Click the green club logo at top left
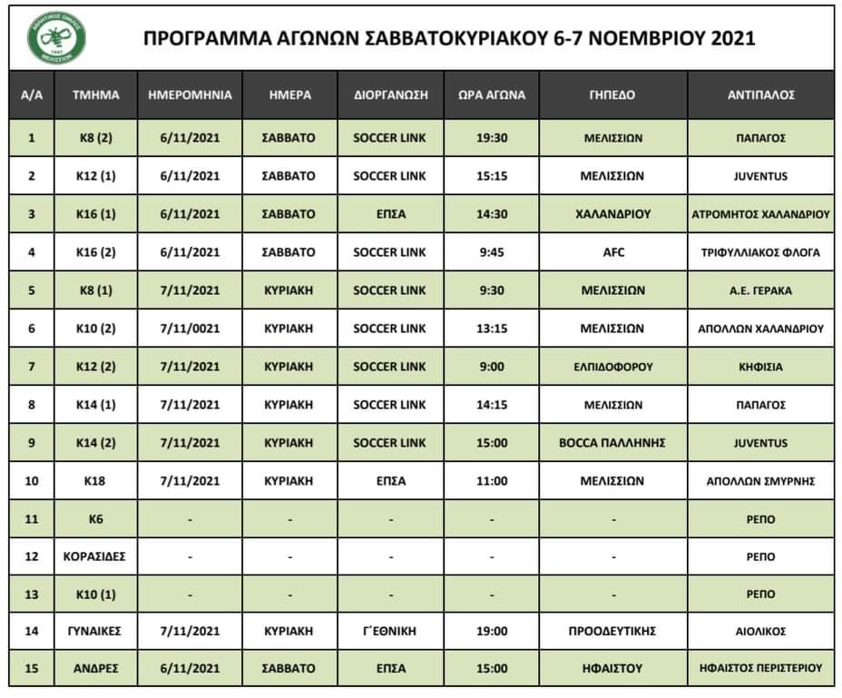(x=56, y=37)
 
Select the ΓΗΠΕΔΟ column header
(x=612, y=94)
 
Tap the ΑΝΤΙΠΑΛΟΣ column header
(x=761, y=94)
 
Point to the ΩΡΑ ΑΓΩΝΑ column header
(x=492, y=94)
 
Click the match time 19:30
(x=492, y=139)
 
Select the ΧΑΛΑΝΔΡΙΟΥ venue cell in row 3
(x=612, y=215)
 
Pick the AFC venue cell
(x=612, y=253)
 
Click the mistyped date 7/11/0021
(x=190, y=329)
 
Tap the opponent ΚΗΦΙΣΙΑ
(x=761, y=368)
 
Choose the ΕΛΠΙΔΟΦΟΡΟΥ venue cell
(x=612, y=368)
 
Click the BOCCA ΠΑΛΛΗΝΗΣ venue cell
(x=612, y=444)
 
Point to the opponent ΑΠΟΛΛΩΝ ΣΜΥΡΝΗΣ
(x=761, y=481)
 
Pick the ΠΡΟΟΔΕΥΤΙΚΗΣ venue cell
(x=612, y=631)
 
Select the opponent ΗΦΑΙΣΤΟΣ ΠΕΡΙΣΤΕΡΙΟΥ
(x=761, y=669)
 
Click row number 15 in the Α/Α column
(x=32, y=669)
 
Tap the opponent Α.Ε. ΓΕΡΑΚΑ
(x=761, y=291)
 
